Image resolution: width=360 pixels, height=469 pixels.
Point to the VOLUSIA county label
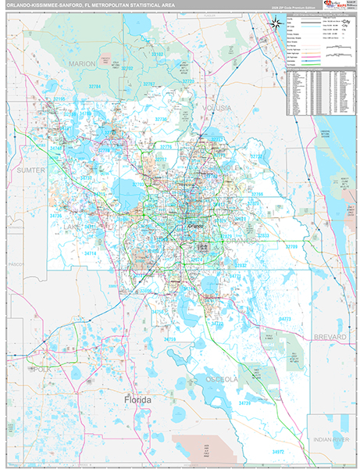point(216,106)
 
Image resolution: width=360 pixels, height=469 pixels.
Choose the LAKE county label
point(73,227)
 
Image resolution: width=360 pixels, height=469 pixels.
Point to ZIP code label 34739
point(244,403)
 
